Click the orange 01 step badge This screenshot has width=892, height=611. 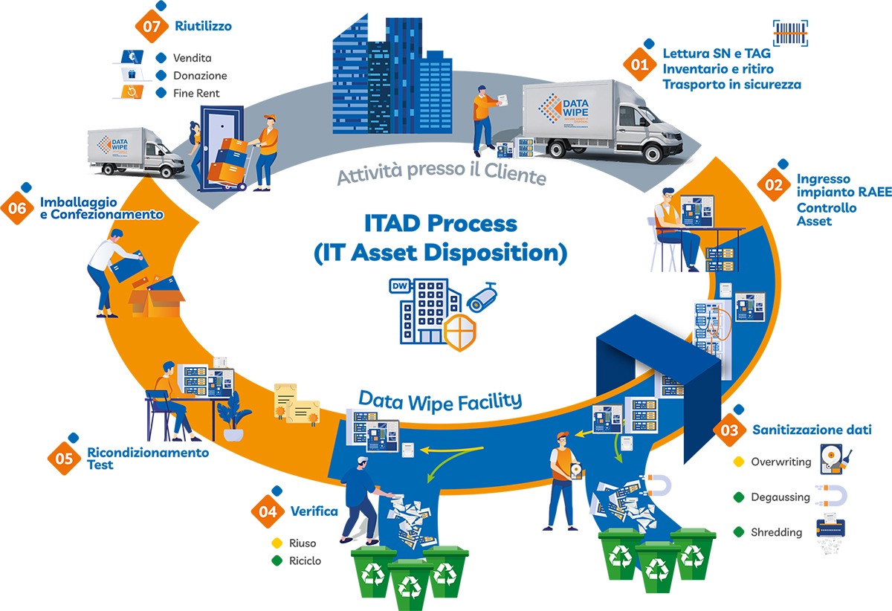(639, 65)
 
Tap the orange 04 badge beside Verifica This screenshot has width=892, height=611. (268, 511)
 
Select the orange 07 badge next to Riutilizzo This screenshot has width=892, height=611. (152, 26)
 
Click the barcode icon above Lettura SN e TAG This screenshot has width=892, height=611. (790, 33)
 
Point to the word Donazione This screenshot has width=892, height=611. (200, 76)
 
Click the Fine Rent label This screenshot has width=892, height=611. (196, 93)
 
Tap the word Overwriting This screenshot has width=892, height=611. (781, 462)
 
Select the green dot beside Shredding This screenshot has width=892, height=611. (739, 531)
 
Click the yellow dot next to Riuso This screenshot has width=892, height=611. (277, 543)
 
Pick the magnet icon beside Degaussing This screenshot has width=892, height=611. (832, 497)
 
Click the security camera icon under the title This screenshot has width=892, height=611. (482, 297)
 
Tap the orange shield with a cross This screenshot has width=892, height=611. (460, 332)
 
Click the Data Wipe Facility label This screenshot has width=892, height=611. (440, 401)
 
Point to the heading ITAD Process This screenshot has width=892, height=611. (441, 224)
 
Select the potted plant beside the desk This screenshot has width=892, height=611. (233, 418)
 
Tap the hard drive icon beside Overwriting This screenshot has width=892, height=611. (836, 459)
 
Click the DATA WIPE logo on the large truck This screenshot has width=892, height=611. (563, 109)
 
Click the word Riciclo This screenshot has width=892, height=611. (305, 560)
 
